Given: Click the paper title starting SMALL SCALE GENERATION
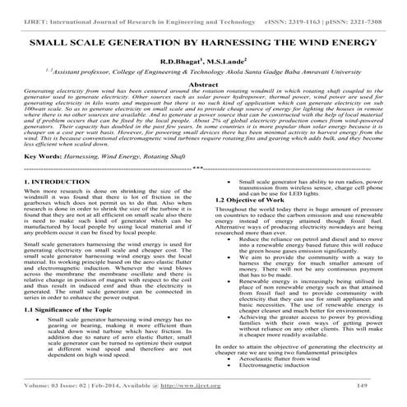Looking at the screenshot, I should (202, 39).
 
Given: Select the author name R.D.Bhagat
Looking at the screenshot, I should (179, 61).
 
